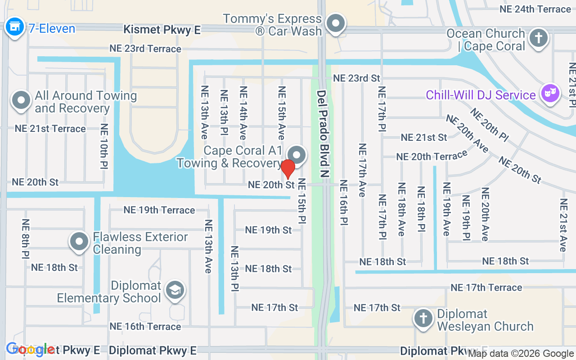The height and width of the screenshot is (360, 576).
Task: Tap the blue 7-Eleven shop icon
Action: [14, 27]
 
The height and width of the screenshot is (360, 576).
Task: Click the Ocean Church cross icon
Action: [538, 39]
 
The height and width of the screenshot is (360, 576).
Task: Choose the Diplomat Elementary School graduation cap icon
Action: [174, 290]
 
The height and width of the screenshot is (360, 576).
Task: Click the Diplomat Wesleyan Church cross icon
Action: [423, 318]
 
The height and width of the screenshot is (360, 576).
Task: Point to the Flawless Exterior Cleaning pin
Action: [80, 241]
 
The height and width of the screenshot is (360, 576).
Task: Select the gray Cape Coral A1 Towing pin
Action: [297, 155]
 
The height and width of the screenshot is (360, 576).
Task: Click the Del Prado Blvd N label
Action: [321, 133]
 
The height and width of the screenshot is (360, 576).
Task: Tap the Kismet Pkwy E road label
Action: [162, 30]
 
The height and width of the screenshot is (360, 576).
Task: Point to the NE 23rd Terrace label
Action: [145, 49]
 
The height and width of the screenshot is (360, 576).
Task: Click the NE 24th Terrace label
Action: [535, 9]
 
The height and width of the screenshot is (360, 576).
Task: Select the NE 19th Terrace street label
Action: [159, 210]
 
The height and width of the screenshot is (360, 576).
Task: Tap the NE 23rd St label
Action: [356, 78]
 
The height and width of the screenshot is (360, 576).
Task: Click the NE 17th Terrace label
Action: [486, 288]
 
